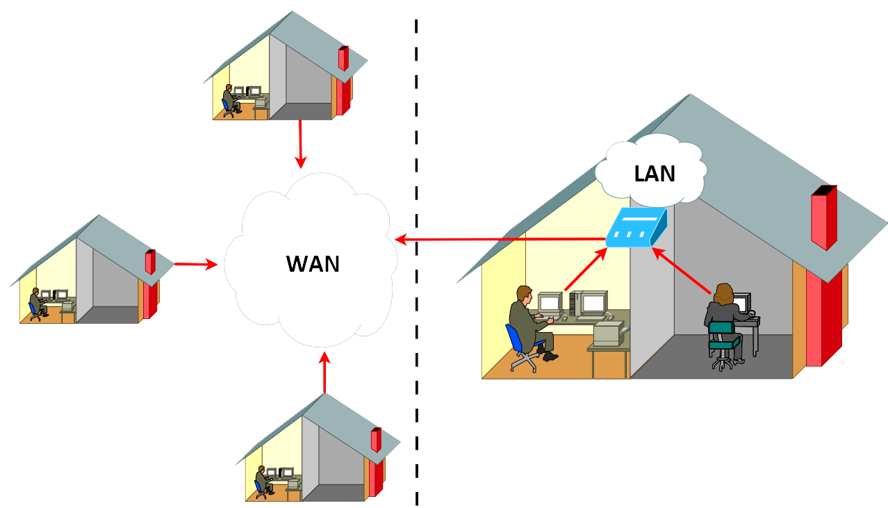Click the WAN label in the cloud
tap(313, 264)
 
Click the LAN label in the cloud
tap(655, 173)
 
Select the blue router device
tap(635, 228)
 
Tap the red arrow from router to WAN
tap(500, 240)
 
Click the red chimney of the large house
tap(823, 219)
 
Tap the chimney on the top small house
tap(343, 58)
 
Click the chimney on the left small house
tap(150, 262)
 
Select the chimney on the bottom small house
tap(376, 440)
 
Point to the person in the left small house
tap(35, 303)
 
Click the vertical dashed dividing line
tap(416, 278)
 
